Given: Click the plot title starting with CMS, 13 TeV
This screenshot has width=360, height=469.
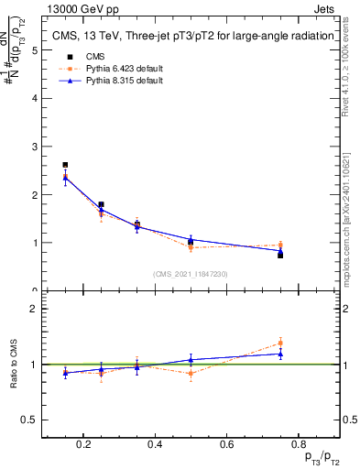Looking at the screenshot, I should pos(188,37).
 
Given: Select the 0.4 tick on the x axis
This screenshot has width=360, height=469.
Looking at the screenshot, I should pos(155,446).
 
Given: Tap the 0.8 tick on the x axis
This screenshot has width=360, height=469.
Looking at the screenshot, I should pos(296,446).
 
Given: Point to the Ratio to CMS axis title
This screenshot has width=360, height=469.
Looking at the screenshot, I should pos(14,364).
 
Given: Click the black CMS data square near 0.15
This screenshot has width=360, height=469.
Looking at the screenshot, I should pos(65,165).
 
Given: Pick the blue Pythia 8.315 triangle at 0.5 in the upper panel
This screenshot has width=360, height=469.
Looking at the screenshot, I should pos(191,240).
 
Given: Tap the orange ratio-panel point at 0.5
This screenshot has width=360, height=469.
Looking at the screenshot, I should pos(191,373).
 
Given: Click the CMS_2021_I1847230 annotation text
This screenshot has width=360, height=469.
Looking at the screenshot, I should pos(191,274).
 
